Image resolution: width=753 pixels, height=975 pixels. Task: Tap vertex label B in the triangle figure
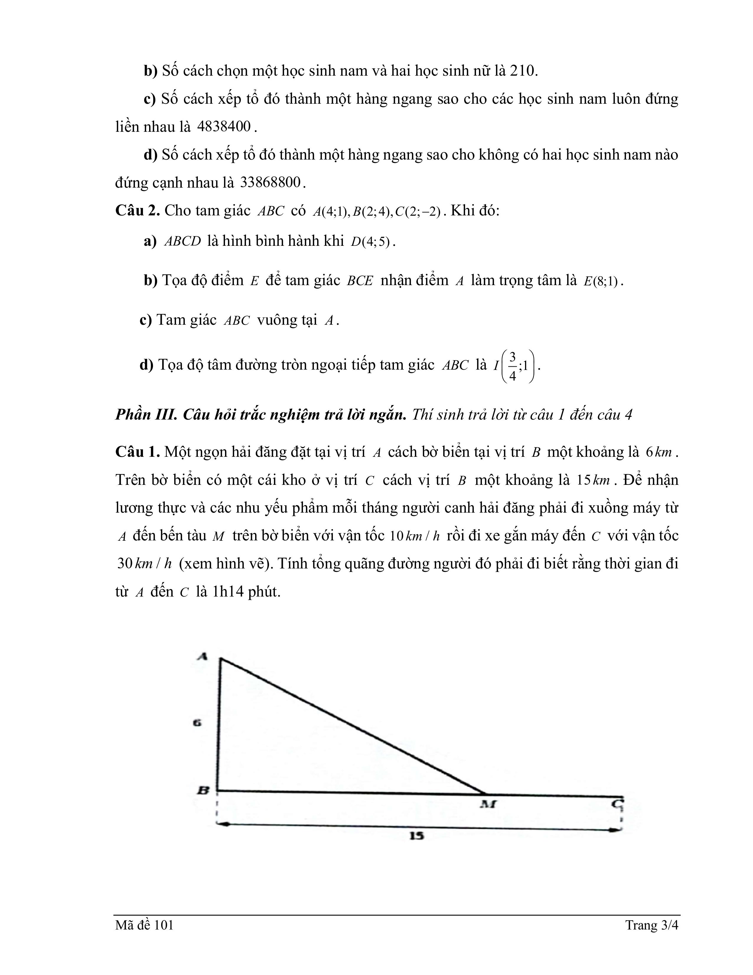(x=203, y=790)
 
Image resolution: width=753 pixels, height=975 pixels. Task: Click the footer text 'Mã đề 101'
(x=144, y=925)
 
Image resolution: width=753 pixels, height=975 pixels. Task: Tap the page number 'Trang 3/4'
(x=651, y=925)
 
